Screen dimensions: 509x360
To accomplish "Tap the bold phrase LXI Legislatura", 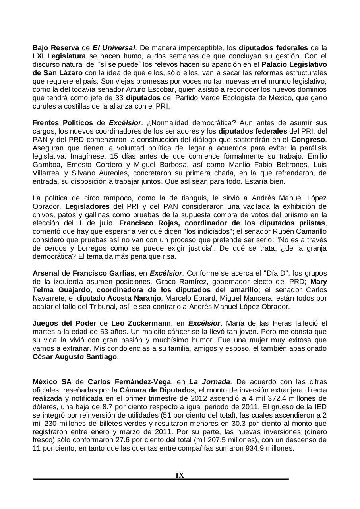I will tap(59, 56).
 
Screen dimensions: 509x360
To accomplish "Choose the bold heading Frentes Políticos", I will tap(63, 123).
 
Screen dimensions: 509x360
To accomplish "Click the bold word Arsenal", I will tap(45, 273).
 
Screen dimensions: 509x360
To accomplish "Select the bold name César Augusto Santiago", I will tap(75, 357).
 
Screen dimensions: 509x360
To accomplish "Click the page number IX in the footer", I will tap(180, 475).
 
